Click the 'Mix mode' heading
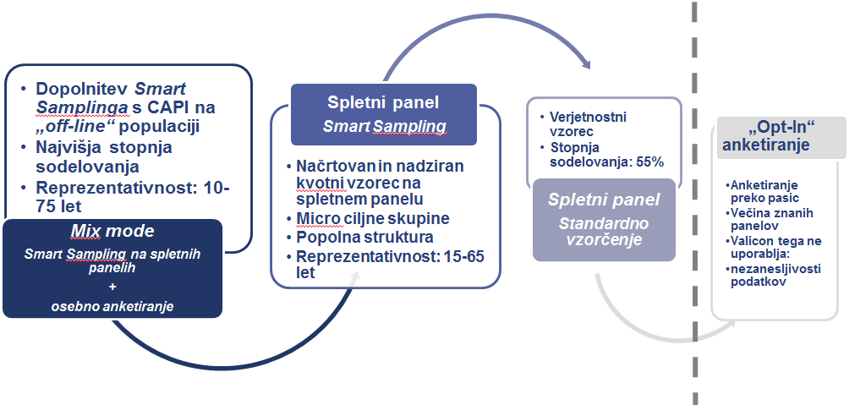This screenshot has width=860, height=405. pyautogui.click(x=112, y=232)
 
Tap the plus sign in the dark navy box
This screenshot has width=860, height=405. pyautogui.click(x=112, y=287)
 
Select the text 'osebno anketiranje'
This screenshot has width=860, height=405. pyautogui.click(x=112, y=306)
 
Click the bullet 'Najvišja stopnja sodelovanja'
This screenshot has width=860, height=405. pyautogui.click(x=104, y=156)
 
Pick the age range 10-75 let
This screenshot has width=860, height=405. pyautogui.click(x=133, y=197)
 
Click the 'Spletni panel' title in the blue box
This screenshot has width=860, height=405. pyautogui.click(x=383, y=102)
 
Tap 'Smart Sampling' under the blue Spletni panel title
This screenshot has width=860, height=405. pyautogui.click(x=384, y=127)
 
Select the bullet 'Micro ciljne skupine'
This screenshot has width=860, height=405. pyautogui.click(x=373, y=219)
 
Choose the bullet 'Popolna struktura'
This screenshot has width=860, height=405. pyautogui.click(x=364, y=238)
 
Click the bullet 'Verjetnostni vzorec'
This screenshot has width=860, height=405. pyautogui.click(x=581, y=124)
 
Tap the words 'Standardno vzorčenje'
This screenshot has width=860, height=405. pyautogui.click(x=604, y=232)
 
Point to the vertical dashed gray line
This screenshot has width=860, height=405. pyautogui.click(x=694, y=202)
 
